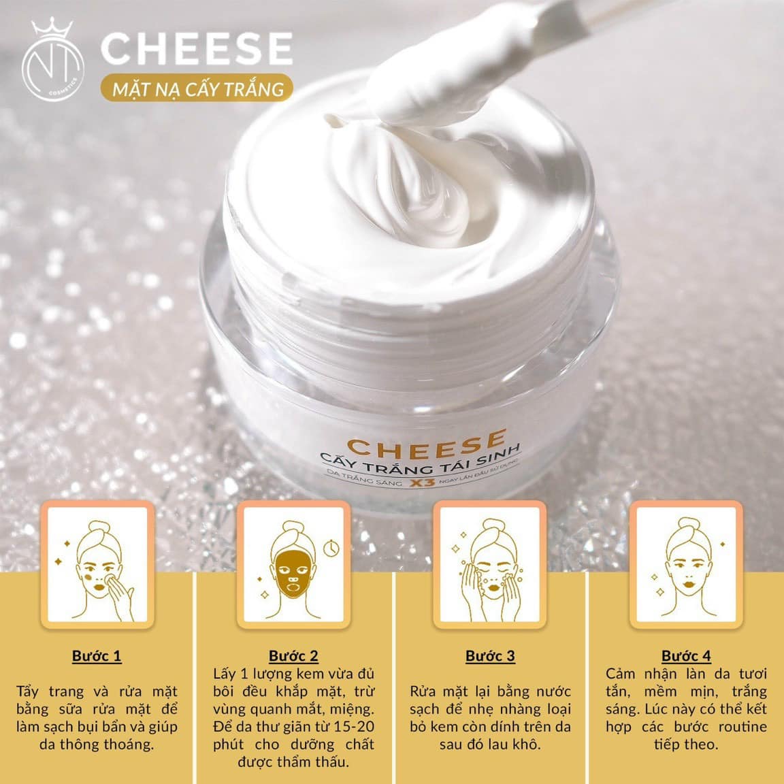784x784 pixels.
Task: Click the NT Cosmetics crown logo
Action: pyautogui.click(x=52, y=59)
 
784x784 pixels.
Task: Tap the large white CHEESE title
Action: pyautogui.click(x=197, y=48)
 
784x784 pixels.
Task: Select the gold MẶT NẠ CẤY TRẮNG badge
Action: pyautogui.click(x=197, y=88)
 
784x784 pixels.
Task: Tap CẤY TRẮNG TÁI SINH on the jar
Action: pyautogui.click(x=421, y=461)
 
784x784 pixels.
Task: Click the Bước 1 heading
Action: pyautogui.click(x=97, y=656)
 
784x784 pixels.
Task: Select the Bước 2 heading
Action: pyautogui.click(x=293, y=656)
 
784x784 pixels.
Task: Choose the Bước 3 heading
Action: pyautogui.click(x=490, y=656)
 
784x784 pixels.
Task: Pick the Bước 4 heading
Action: pyautogui.click(x=686, y=656)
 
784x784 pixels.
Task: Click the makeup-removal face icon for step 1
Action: pyautogui.click(x=97, y=565)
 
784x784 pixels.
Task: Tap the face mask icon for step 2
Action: pyautogui.click(x=293, y=565)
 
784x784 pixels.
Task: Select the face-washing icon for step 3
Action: pyautogui.click(x=490, y=565)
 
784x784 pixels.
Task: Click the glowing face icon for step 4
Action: pyautogui.click(x=686, y=565)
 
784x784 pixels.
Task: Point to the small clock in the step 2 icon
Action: pyautogui.click(x=331, y=549)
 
